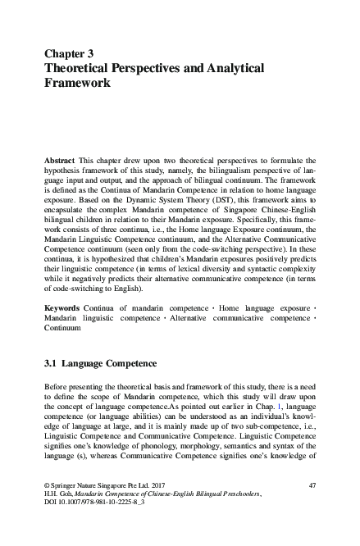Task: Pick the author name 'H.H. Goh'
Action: click(58, 520)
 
